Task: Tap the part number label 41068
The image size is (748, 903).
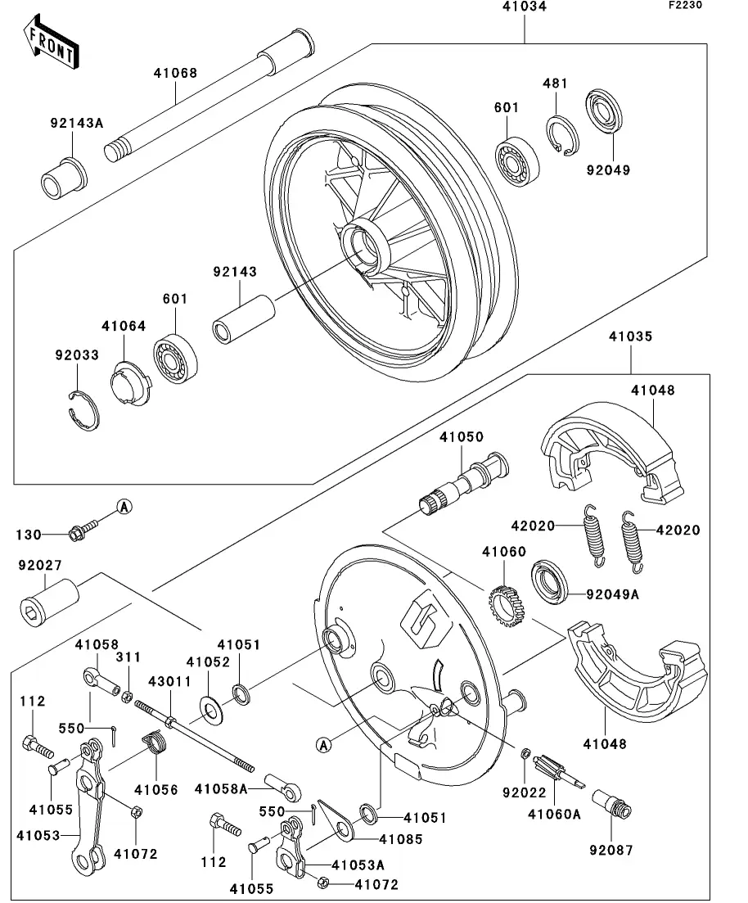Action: pyautogui.click(x=174, y=73)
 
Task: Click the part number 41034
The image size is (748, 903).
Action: pyautogui.click(x=524, y=7)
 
